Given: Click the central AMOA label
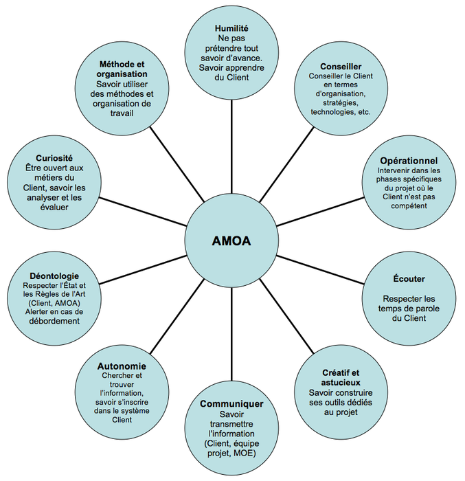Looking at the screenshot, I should pos(231,241).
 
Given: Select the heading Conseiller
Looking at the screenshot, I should pos(341,67).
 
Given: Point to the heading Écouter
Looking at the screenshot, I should pos(409,279).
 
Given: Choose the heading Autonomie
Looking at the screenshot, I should pos(122,366).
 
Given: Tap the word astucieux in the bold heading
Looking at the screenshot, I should pos(341,381).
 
